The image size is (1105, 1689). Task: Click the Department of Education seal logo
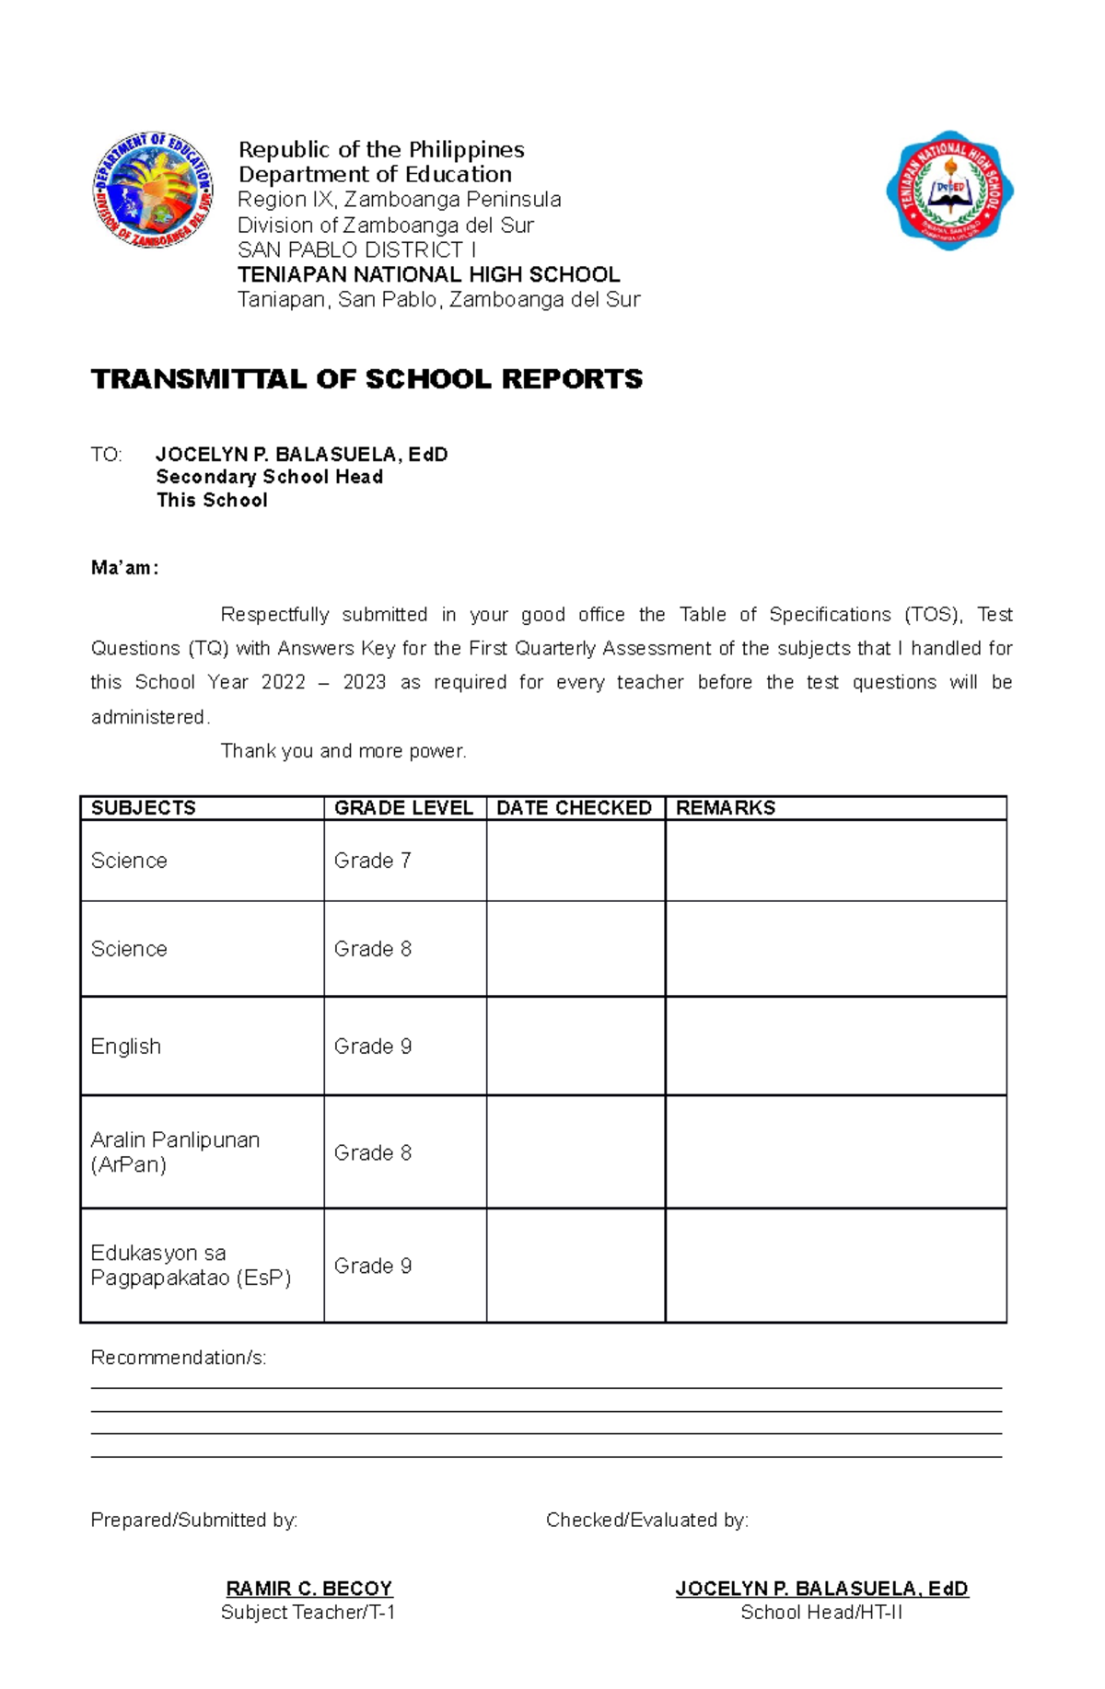(153, 189)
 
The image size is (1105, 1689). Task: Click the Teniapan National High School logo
(949, 190)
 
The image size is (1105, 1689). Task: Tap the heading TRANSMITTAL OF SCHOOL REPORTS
(366, 379)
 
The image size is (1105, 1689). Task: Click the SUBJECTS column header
(144, 808)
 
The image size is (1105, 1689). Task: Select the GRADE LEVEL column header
(403, 808)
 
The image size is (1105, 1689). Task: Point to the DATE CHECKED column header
(574, 808)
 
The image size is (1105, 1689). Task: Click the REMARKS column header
(726, 808)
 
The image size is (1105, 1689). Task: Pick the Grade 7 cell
(372, 861)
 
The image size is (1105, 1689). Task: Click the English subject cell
(126, 1047)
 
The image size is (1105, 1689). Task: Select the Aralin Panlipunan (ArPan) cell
(175, 1152)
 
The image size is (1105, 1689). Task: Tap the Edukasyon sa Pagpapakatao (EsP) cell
(191, 1266)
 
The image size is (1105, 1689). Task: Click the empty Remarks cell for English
(835, 1047)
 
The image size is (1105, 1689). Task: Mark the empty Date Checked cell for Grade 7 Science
(576, 861)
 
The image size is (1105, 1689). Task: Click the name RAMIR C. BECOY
(309, 1589)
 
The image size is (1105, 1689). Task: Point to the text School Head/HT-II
(821, 1613)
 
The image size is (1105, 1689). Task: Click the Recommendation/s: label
(179, 1358)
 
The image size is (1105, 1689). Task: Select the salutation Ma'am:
(125, 568)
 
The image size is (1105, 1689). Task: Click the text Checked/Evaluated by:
(647, 1520)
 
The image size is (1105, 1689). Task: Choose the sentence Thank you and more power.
(343, 751)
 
